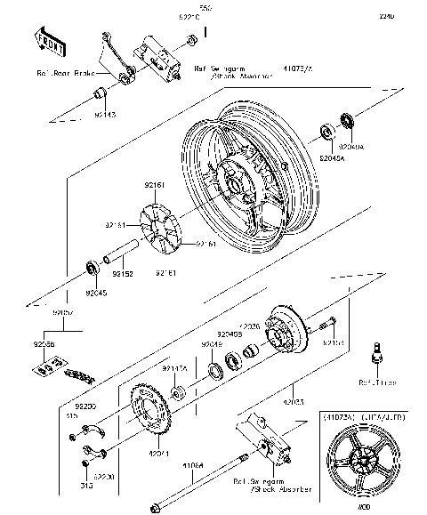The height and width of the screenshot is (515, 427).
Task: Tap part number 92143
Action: [105, 115]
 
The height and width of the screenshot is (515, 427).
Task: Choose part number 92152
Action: [123, 275]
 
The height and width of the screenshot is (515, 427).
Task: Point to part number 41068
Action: [195, 463]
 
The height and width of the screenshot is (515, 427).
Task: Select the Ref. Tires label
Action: [375, 382]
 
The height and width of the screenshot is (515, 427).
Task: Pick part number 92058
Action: [44, 343]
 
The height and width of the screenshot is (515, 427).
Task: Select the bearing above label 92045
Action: [92, 267]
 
